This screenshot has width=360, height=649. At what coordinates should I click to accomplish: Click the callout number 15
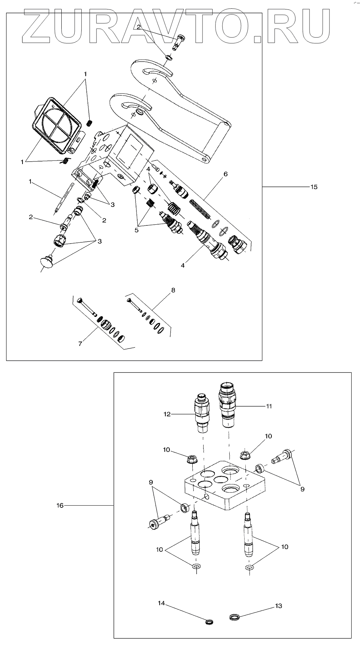pos(314,187)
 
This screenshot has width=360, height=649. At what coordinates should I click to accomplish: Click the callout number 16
pos(60,505)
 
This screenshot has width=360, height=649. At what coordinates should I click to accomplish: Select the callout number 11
pos(269,406)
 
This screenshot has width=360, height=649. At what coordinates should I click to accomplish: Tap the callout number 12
pos(167,414)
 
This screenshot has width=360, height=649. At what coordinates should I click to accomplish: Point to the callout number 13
pos(278,606)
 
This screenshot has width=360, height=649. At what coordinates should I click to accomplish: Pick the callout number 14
pos(161,603)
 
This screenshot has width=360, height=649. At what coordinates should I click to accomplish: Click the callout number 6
pos(225,174)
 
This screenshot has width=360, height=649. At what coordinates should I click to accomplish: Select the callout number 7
pos(81,343)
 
